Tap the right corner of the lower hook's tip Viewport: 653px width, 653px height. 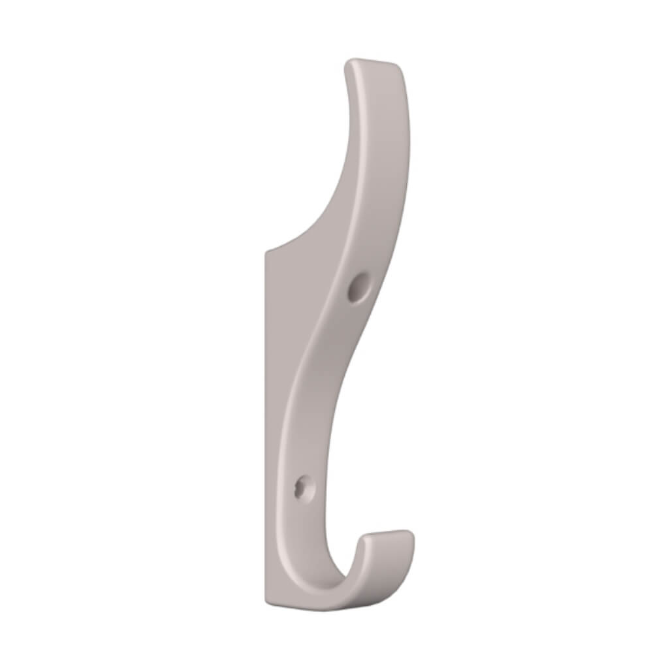coord(411,533)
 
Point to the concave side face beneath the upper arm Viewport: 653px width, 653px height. coord(320,215)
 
